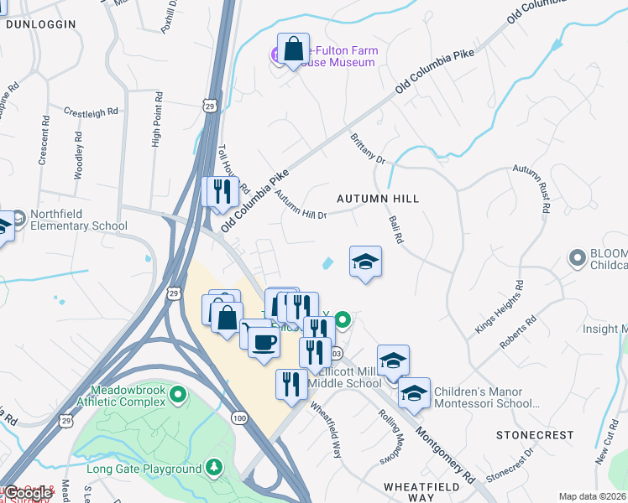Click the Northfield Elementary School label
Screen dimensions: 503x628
point(78,220)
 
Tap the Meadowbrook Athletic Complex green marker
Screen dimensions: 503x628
point(177,394)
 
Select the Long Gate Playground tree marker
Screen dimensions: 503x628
point(215,467)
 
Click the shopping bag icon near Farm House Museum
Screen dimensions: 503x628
point(293,50)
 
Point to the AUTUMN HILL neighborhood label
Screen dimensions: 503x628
point(377,199)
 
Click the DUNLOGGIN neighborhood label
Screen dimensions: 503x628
point(41,24)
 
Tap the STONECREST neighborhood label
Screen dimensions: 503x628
point(535,435)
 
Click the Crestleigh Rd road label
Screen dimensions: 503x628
point(92,111)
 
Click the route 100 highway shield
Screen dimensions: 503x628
point(241,417)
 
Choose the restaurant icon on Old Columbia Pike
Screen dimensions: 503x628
point(223,191)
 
